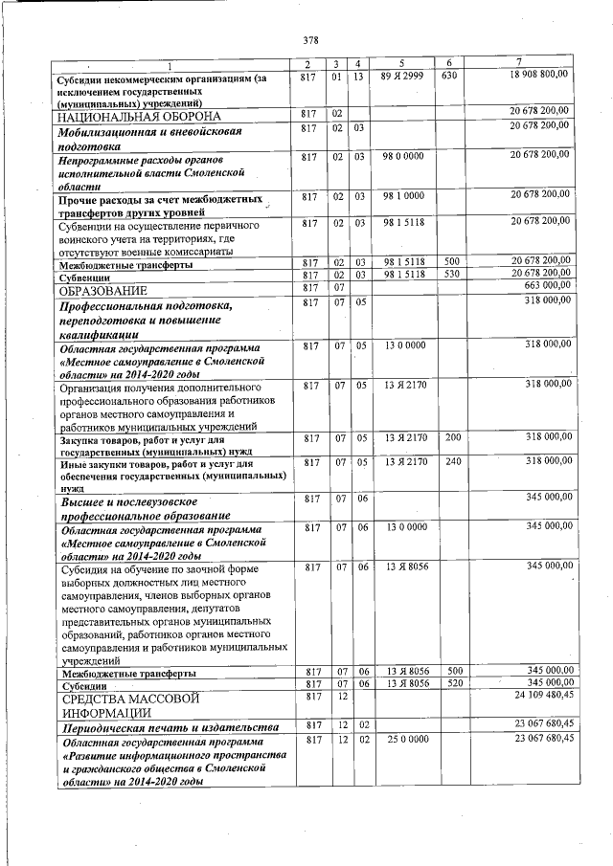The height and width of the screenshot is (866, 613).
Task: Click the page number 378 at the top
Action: [309, 40]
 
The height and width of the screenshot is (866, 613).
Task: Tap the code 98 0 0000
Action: [403, 155]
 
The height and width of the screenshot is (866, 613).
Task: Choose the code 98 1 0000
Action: [403, 195]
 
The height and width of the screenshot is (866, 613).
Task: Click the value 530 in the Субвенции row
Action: [453, 274]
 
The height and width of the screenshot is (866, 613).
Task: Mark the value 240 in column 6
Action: [453, 461]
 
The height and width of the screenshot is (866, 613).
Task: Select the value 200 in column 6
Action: [453, 438]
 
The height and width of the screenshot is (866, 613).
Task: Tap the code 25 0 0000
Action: [403, 740]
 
